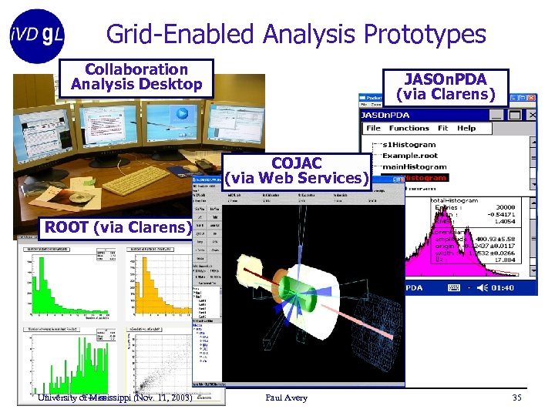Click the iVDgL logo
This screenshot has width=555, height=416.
(x=37, y=35)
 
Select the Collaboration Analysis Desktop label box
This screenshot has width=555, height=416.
(x=136, y=77)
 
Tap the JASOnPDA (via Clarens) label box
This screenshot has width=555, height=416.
(x=446, y=86)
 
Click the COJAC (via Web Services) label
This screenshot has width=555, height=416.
(x=297, y=171)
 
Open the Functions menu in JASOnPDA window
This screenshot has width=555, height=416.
(x=409, y=128)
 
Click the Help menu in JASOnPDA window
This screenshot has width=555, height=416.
(x=466, y=128)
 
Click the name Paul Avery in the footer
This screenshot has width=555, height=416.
(x=286, y=398)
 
